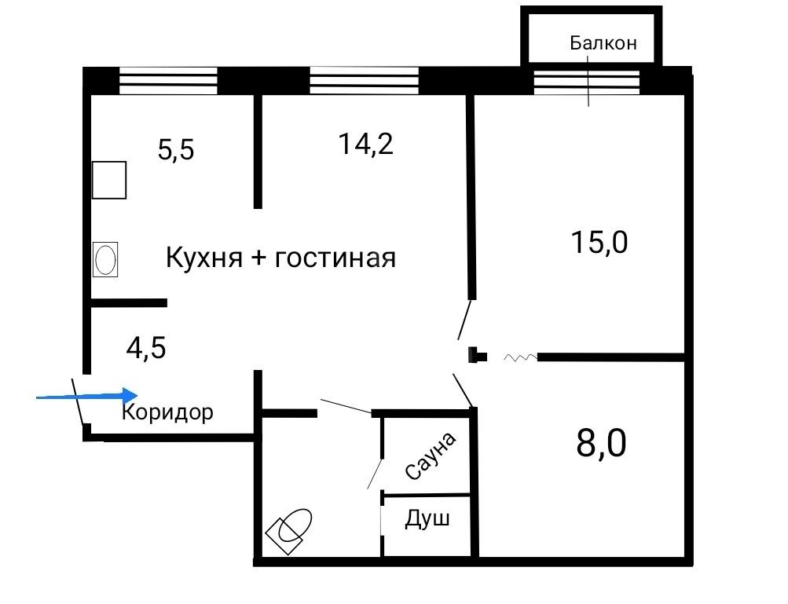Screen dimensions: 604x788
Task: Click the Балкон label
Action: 603,43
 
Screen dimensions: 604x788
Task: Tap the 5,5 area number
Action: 176,148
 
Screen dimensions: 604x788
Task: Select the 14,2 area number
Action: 365,144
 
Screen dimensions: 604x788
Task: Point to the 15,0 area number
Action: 601,242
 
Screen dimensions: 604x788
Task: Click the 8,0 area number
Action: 601,444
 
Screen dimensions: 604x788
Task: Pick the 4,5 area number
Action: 146,347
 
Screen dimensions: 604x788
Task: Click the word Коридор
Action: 167,412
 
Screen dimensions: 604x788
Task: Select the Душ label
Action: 427,519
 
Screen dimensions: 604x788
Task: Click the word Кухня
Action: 203,258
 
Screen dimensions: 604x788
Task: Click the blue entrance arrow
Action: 87,397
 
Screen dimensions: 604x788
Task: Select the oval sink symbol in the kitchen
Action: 105,259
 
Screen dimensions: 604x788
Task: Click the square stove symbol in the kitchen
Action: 108,180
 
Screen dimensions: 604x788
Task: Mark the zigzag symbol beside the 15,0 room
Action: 519,358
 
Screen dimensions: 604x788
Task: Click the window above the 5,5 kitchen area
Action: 167,80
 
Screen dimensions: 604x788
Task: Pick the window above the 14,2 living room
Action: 364,80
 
